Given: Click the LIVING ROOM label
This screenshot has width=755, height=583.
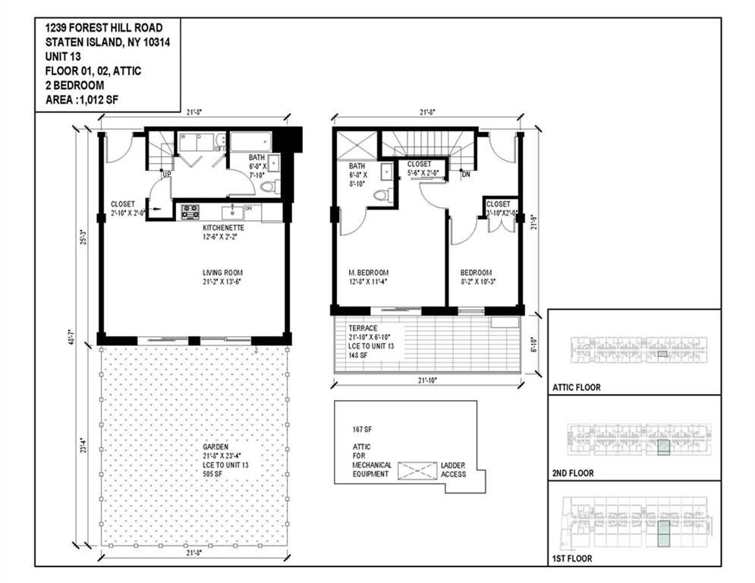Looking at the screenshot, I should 222,273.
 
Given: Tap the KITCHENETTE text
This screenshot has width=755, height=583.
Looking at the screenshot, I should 222,227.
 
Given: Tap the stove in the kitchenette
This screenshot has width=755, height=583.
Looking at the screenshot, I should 190,212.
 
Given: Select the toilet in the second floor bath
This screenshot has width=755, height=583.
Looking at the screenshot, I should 381,195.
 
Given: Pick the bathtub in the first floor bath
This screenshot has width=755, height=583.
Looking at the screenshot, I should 251,142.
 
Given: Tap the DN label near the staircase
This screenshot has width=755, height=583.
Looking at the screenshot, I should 466,174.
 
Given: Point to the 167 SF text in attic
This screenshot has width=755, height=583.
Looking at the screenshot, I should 362,429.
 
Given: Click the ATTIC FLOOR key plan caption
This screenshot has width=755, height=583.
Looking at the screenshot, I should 576,387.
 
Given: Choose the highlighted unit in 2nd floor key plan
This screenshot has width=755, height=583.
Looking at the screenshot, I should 664,446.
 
